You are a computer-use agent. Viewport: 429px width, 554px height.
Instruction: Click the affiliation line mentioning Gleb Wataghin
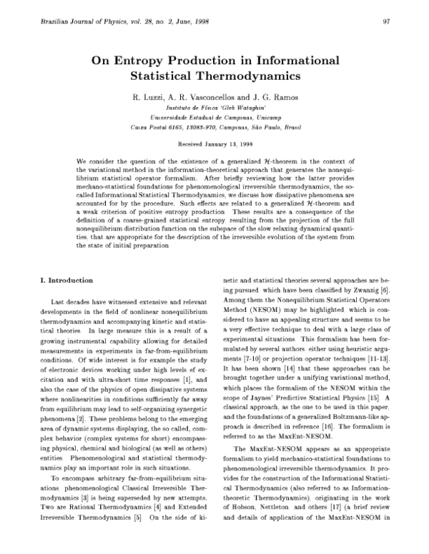pyautogui.click(x=214, y=106)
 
